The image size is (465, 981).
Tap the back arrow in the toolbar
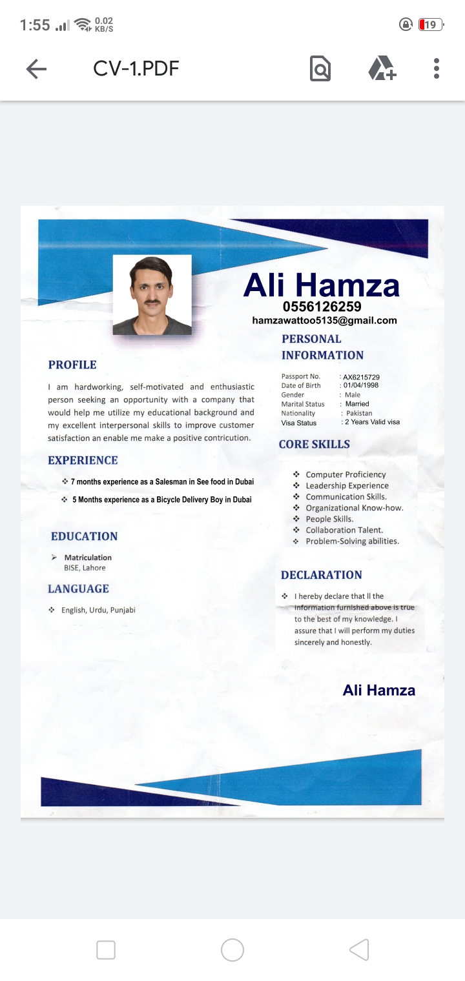click(36, 69)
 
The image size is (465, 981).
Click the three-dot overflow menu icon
click(437, 68)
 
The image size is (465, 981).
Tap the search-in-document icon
click(320, 68)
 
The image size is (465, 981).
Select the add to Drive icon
click(382, 68)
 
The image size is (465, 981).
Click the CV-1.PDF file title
click(136, 68)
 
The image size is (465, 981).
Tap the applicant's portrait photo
click(152, 295)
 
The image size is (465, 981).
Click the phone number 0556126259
click(322, 307)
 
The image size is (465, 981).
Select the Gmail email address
click(324, 320)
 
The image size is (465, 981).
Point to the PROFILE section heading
click(72, 365)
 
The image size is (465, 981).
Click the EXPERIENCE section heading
click(83, 460)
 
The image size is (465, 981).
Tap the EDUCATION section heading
click(84, 536)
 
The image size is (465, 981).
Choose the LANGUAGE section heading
click(78, 589)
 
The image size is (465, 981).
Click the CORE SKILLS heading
click(315, 444)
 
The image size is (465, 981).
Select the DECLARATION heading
click(321, 575)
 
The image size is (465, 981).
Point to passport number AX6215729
click(361, 377)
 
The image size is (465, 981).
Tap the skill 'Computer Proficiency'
click(346, 474)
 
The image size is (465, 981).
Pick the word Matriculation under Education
click(88, 558)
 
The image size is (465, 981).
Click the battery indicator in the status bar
click(430, 25)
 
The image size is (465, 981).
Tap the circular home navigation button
click(232, 950)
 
